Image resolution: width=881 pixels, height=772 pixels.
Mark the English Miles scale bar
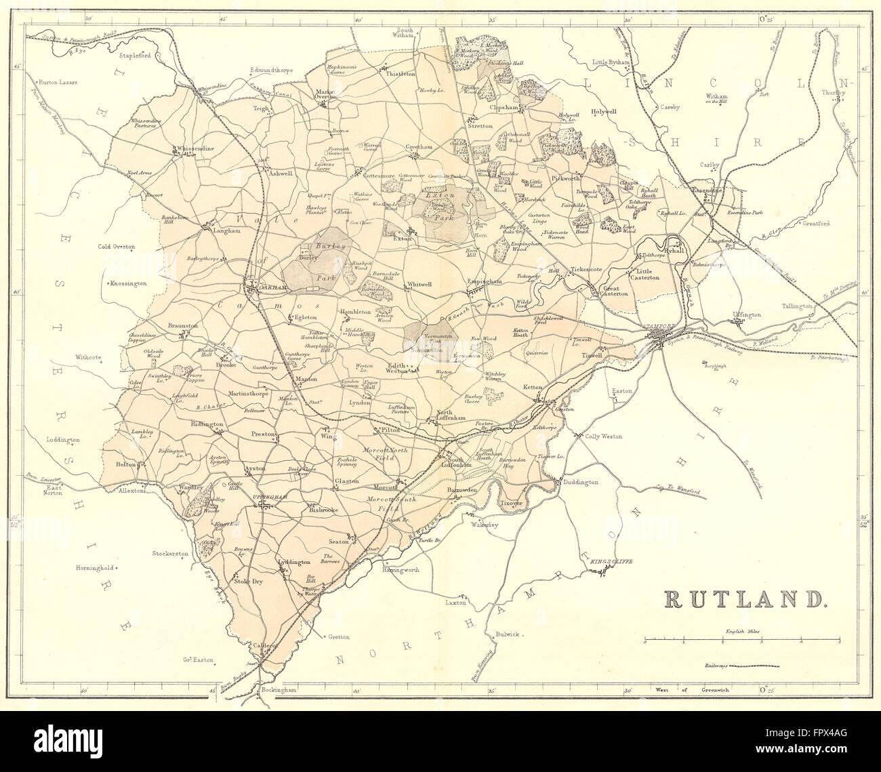(742, 639)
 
